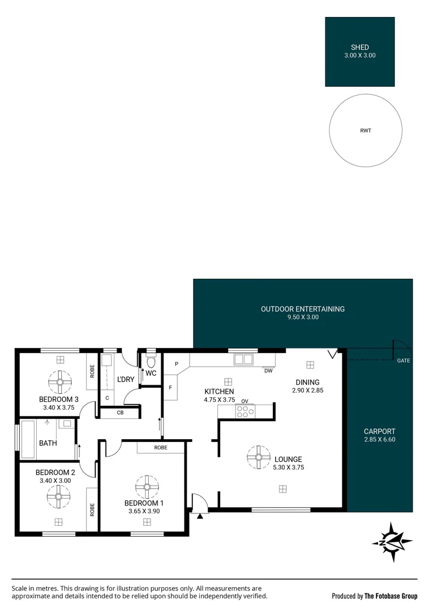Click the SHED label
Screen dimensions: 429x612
click(x=359, y=47)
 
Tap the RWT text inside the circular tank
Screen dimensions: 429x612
click(x=366, y=131)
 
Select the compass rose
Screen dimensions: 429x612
click(x=392, y=542)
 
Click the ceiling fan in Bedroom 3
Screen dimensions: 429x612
click(x=61, y=382)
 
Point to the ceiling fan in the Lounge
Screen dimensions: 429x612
click(x=259, y=457)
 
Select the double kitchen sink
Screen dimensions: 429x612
click(x=243, y=359)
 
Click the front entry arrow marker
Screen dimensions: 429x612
click(x=200, y=516)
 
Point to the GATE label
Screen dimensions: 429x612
click(x=404, y=360)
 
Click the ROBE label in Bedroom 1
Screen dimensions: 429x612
click(x=161, y=448)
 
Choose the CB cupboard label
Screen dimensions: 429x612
click(x=120, y=413)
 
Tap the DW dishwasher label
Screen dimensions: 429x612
click(x=268, y=371)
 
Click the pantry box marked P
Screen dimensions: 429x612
click(x=177, y=364)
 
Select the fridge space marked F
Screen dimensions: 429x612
click(x=170, y=388)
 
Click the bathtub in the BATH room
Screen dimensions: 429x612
click(x=29, y=439)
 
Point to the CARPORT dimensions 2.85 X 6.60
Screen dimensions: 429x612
click(x=380, y=440)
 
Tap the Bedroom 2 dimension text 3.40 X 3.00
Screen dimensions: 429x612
click(x=55, y=481)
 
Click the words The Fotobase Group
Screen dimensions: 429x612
click(x=391, y=596)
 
